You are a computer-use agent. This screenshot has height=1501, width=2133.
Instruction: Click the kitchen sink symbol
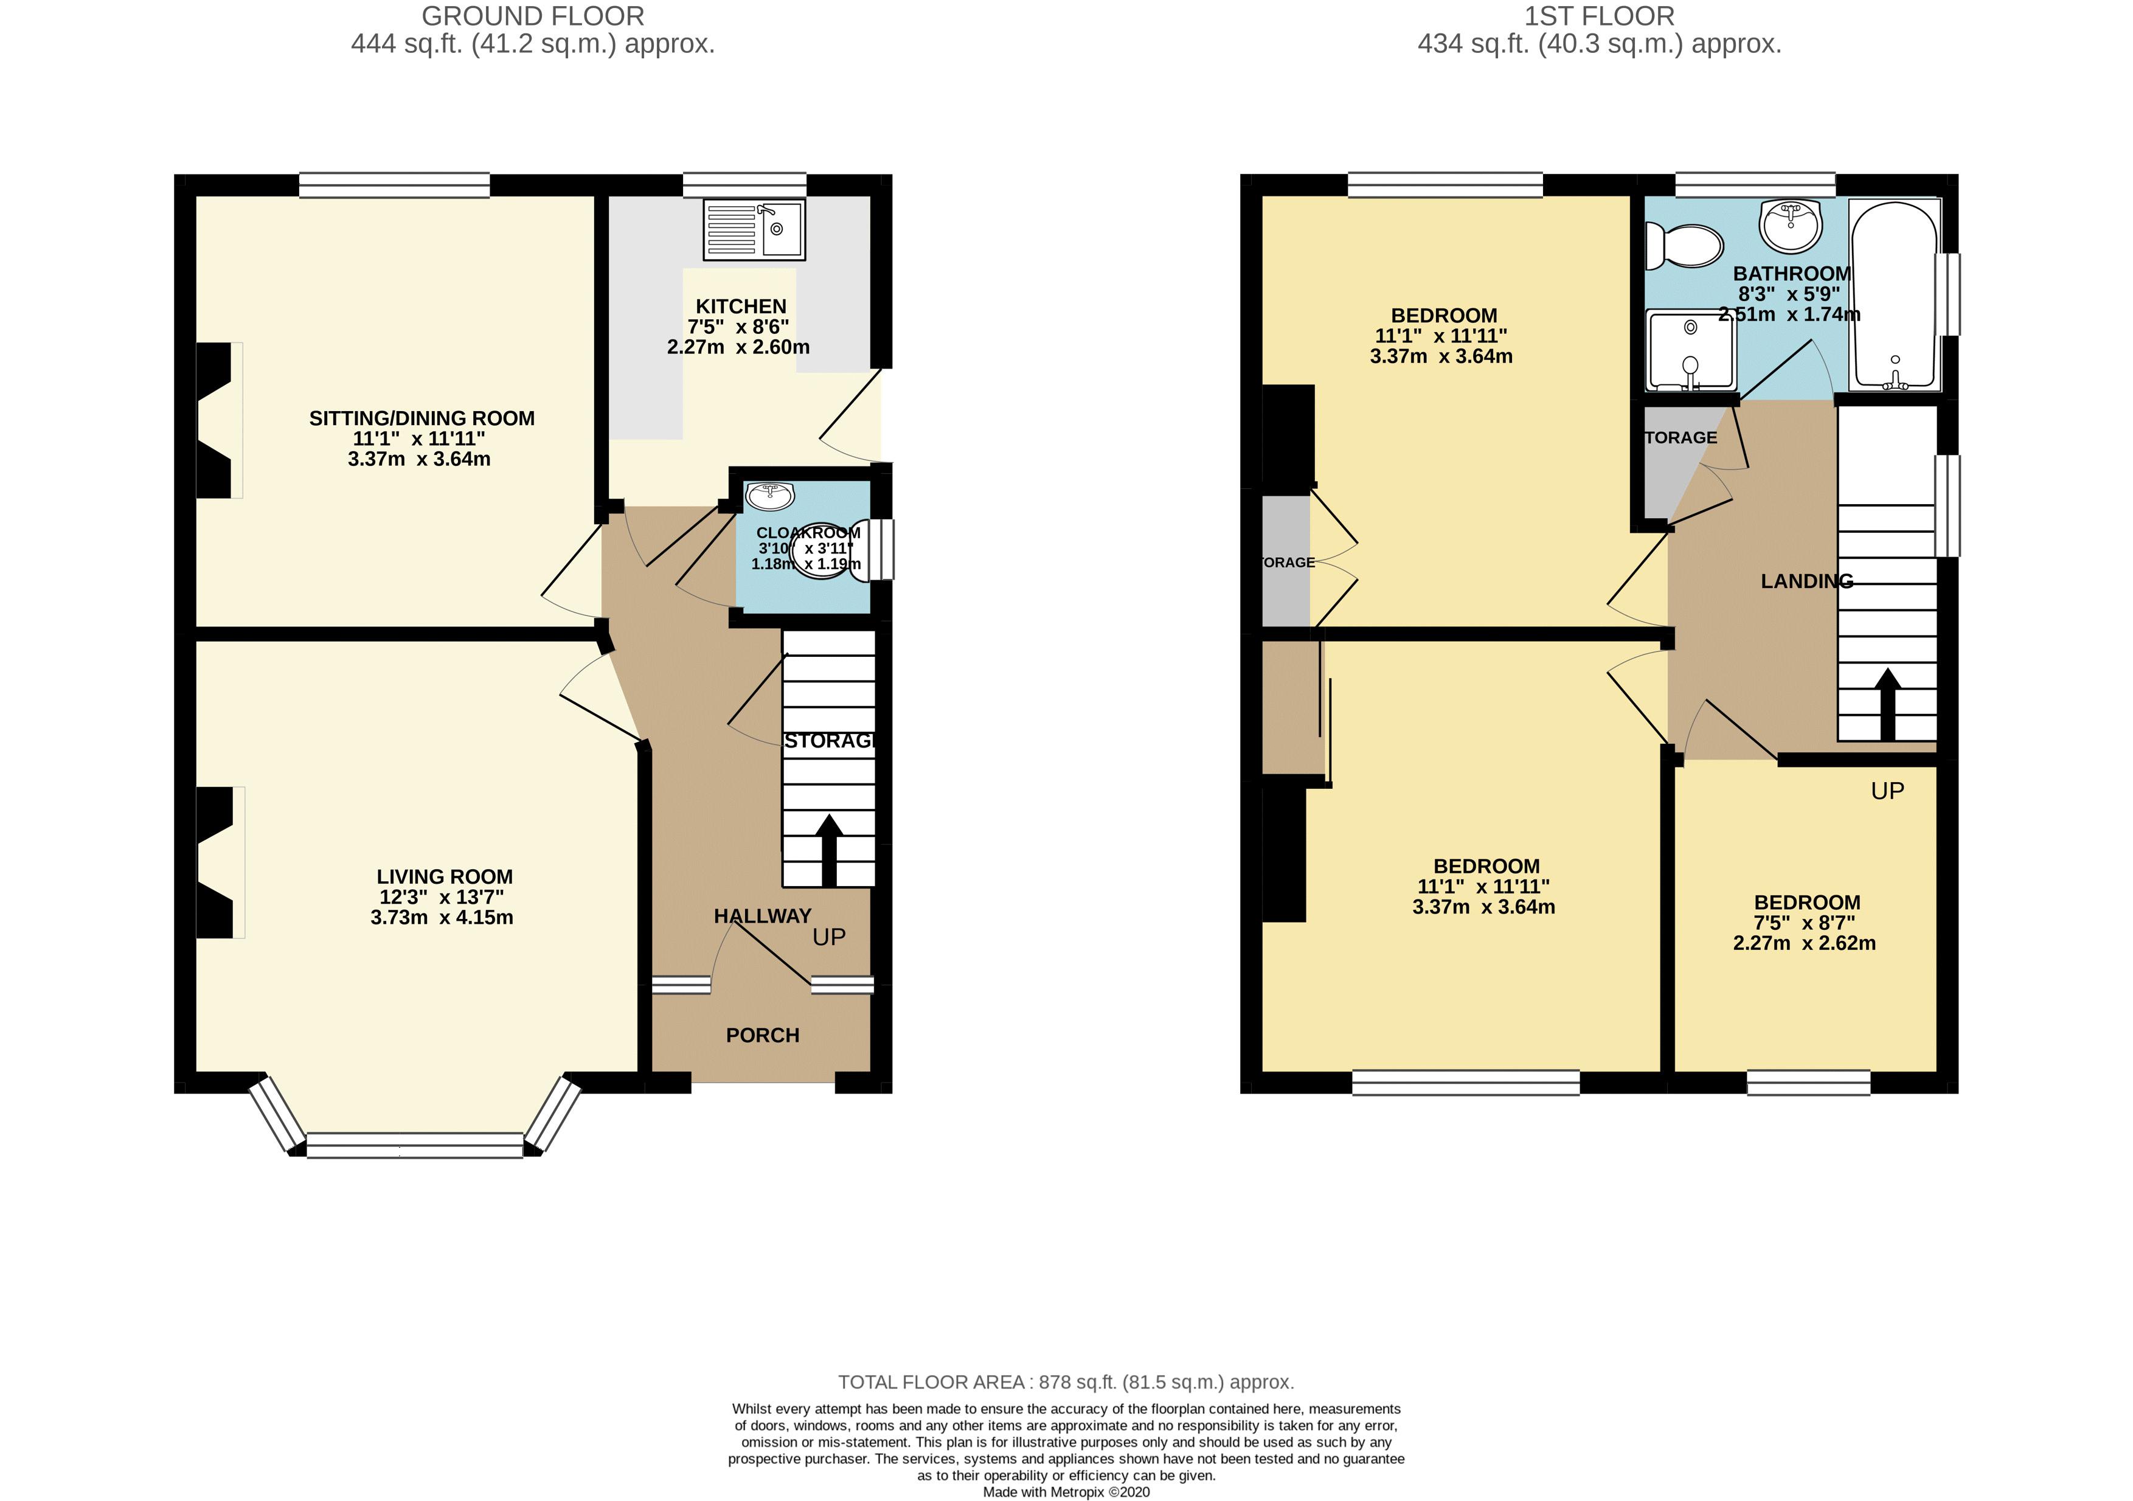(x=754, y=229)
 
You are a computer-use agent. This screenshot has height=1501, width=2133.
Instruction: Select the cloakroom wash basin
(x=769, y=496)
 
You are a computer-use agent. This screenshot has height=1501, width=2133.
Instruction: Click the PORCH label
(x=761, y=1035)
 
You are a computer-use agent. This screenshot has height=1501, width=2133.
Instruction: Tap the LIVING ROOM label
(x=444, y=876)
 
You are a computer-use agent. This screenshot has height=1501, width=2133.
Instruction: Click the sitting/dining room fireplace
(x=215, y=420)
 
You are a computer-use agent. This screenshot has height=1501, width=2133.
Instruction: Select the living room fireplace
(x=215, y=862)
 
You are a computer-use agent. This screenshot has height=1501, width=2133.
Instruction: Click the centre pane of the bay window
(x=414, y=1145)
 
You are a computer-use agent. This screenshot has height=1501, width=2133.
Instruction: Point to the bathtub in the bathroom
(x=1893, y=296)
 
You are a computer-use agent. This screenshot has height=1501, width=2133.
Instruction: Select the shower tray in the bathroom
(x=1690, y=350)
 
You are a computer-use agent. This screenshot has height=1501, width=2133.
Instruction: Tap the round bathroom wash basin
(x=1789, y=225)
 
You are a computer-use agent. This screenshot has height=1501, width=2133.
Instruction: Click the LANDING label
(x=1806, y=581)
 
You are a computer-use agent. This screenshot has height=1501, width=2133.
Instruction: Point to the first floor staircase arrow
(x=1887, y=703)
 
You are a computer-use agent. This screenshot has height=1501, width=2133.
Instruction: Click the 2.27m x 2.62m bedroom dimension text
(x=1803, y=943)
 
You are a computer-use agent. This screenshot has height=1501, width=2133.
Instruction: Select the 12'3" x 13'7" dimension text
(x=442, y=897)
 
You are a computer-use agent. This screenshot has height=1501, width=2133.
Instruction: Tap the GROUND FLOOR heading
(x=532, y=16)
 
